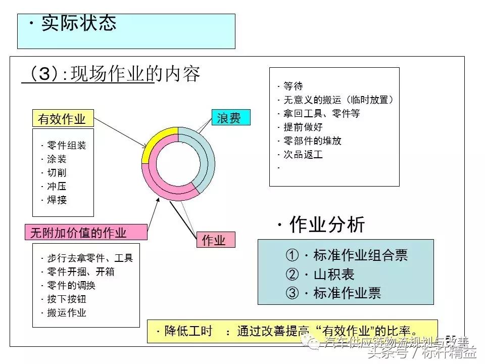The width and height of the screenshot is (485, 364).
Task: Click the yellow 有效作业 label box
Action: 62,119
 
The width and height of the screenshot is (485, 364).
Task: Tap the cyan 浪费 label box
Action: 230,118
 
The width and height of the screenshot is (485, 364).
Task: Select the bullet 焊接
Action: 57,200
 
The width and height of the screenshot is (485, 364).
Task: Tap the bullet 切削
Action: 57,173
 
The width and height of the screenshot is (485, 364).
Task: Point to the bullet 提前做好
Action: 303,127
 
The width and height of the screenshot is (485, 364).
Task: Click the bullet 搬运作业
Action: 66,312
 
